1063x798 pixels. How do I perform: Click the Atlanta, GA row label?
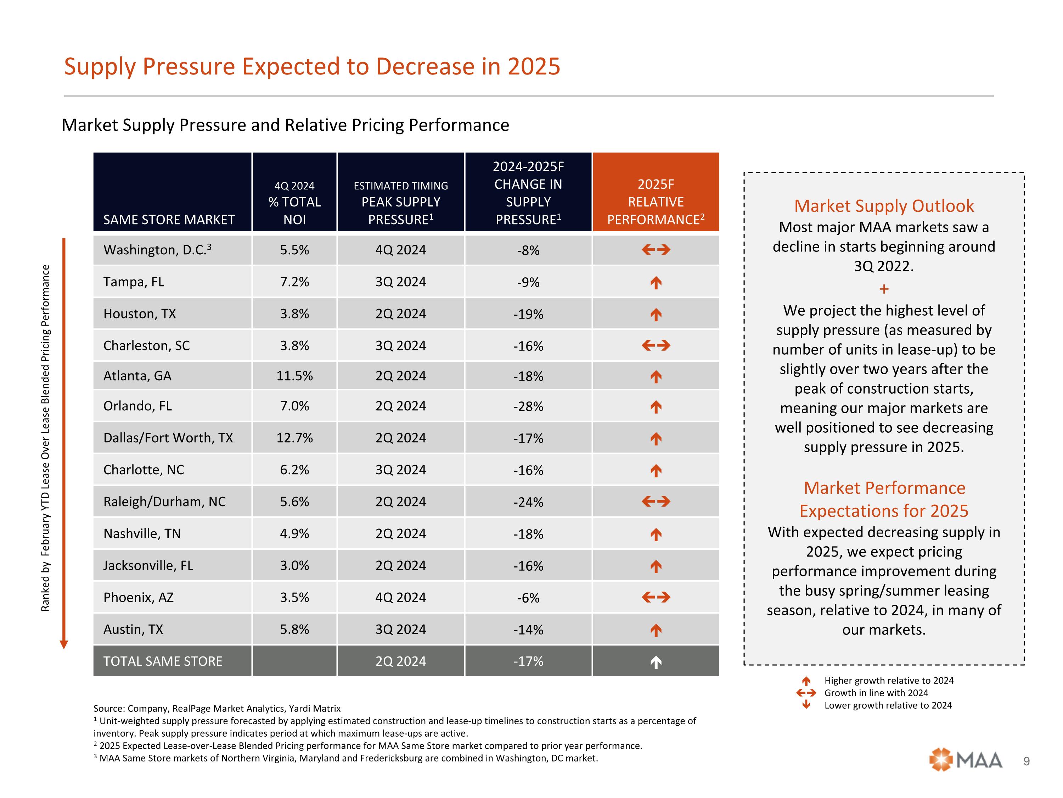pos(137,376)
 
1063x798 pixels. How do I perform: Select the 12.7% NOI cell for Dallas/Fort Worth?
pos(294,438)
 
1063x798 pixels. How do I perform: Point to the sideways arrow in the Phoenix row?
pos(656,597)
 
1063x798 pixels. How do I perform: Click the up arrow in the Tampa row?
pos(656,283)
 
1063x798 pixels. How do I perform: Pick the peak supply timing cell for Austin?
pos(400,629)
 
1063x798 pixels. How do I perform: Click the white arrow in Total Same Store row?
pos(656,663)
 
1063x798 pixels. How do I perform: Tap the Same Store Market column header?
pos(169,220)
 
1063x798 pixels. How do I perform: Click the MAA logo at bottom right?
pos(966,760)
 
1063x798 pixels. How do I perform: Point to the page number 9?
pos(1027,761)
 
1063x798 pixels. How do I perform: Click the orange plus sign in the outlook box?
pos(884,289)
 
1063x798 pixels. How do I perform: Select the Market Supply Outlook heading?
pos(884,206)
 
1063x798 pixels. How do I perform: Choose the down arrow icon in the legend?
pos(806,705)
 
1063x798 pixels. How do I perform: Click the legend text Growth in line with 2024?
pos(876,693)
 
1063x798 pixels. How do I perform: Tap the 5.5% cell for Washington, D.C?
pos(294,250)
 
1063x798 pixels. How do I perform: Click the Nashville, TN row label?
pos(142,533)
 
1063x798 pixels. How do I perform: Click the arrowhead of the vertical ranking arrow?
pos(64,644)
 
